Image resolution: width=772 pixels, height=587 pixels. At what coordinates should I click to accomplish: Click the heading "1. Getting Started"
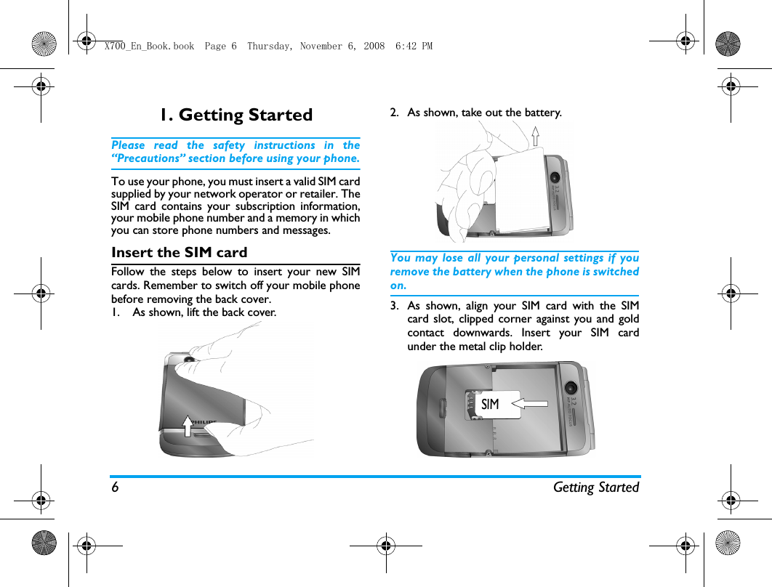click(236, 115)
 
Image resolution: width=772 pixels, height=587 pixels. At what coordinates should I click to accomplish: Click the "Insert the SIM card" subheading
click(179, 253)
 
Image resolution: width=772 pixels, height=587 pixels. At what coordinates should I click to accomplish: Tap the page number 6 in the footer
click(115, 487)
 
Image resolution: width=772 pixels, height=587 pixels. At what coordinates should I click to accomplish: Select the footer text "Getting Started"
click(595, 487)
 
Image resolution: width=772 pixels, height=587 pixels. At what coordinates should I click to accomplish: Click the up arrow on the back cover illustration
click(188, 425)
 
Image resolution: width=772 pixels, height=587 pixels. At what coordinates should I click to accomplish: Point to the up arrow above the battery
click(535, 136)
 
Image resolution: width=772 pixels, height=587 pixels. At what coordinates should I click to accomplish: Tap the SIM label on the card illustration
click(490, 404)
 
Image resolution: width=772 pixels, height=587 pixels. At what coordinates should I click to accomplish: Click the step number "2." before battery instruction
click(394, 113)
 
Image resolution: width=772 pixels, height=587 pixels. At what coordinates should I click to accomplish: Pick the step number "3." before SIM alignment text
click(394, 306)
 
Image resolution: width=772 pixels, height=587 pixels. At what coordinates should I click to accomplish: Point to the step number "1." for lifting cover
click(116, 313)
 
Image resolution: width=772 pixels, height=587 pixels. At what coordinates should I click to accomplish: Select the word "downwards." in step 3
click(481, 333)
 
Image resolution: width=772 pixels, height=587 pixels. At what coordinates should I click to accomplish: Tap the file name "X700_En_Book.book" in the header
click(149, 46)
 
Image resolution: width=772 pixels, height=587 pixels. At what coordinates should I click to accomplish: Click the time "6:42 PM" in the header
click(414, 46)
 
